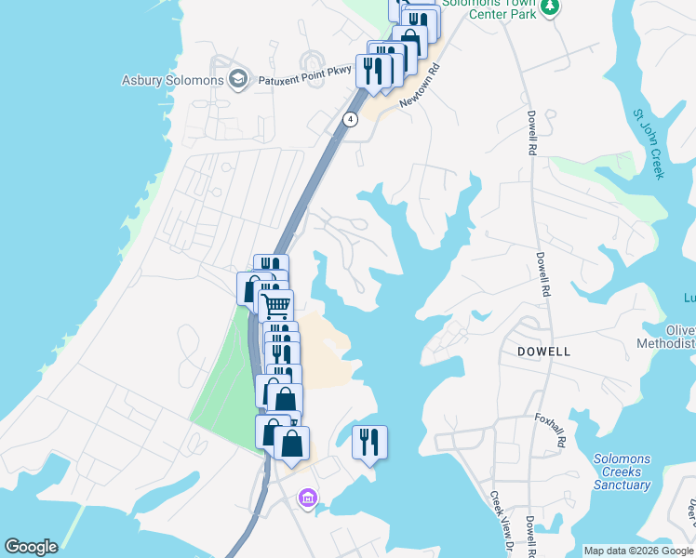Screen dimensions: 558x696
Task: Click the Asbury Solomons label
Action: [172, 80]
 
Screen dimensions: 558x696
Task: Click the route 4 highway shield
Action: [349, 119]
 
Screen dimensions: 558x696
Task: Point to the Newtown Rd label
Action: [419, 86]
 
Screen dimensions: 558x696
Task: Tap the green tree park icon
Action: [550, 8]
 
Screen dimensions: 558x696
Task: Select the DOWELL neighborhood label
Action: [543, 352]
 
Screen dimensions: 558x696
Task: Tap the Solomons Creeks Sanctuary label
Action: [622, 472]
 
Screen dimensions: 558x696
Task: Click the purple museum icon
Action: [307, 499]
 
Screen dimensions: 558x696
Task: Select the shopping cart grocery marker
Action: [275, 305]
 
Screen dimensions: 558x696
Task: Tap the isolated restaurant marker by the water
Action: [369, 441]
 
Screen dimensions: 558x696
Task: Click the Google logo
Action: [31, 547]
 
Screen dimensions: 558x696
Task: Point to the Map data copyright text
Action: [638, 551]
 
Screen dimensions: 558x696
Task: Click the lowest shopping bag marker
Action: [292, 443]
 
